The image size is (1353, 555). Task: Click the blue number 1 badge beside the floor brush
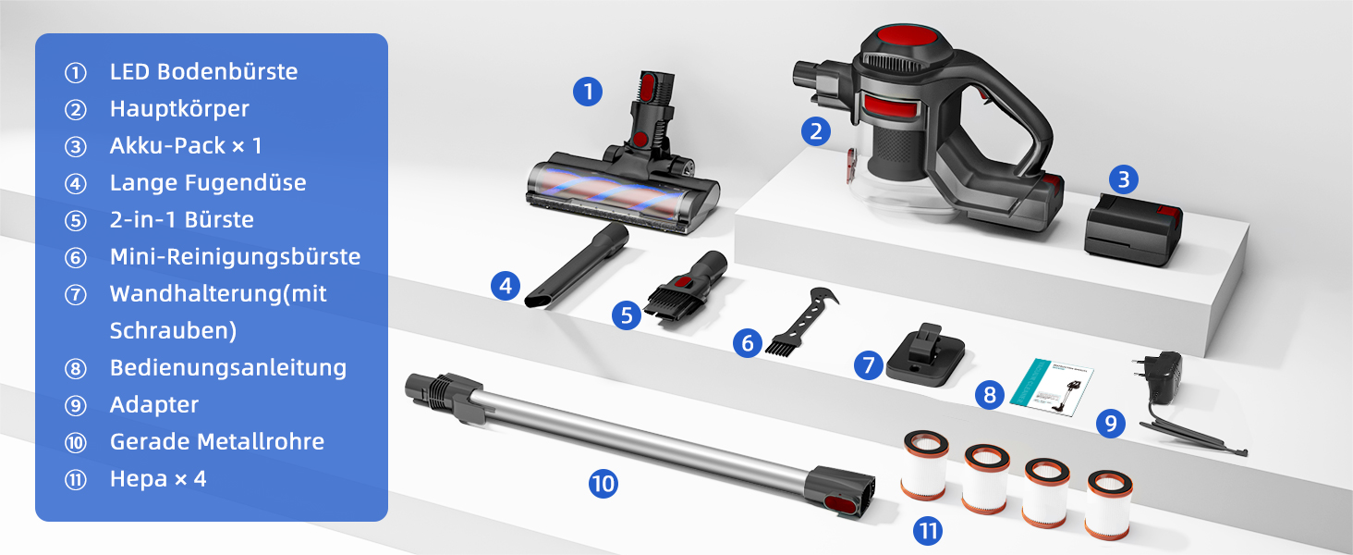click(x=588, y=92)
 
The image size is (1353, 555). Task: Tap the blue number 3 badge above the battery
click(x=1124, y=179)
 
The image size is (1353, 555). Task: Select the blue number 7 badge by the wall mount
click(x=869, y=365)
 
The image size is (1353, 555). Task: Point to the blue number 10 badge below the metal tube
click(x=603, y=484)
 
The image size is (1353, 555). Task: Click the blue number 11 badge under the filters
click(x=928, y=531)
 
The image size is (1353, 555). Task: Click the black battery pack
click(x=1133, y=229)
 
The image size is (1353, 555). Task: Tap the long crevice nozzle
click(x=577, y=266)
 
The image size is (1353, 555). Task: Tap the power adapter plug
click(x=1159, y=377)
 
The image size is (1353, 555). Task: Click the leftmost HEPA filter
click(x=925, y=465)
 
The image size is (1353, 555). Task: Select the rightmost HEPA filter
click(x=1109, y=505)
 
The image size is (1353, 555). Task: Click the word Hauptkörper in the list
click(x=179, y=109)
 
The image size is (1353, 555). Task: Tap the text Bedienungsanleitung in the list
click(x=228, y=367)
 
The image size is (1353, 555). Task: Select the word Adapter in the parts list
click(x=154, y=405)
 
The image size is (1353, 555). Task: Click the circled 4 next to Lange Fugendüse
click(x=76, y=183)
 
